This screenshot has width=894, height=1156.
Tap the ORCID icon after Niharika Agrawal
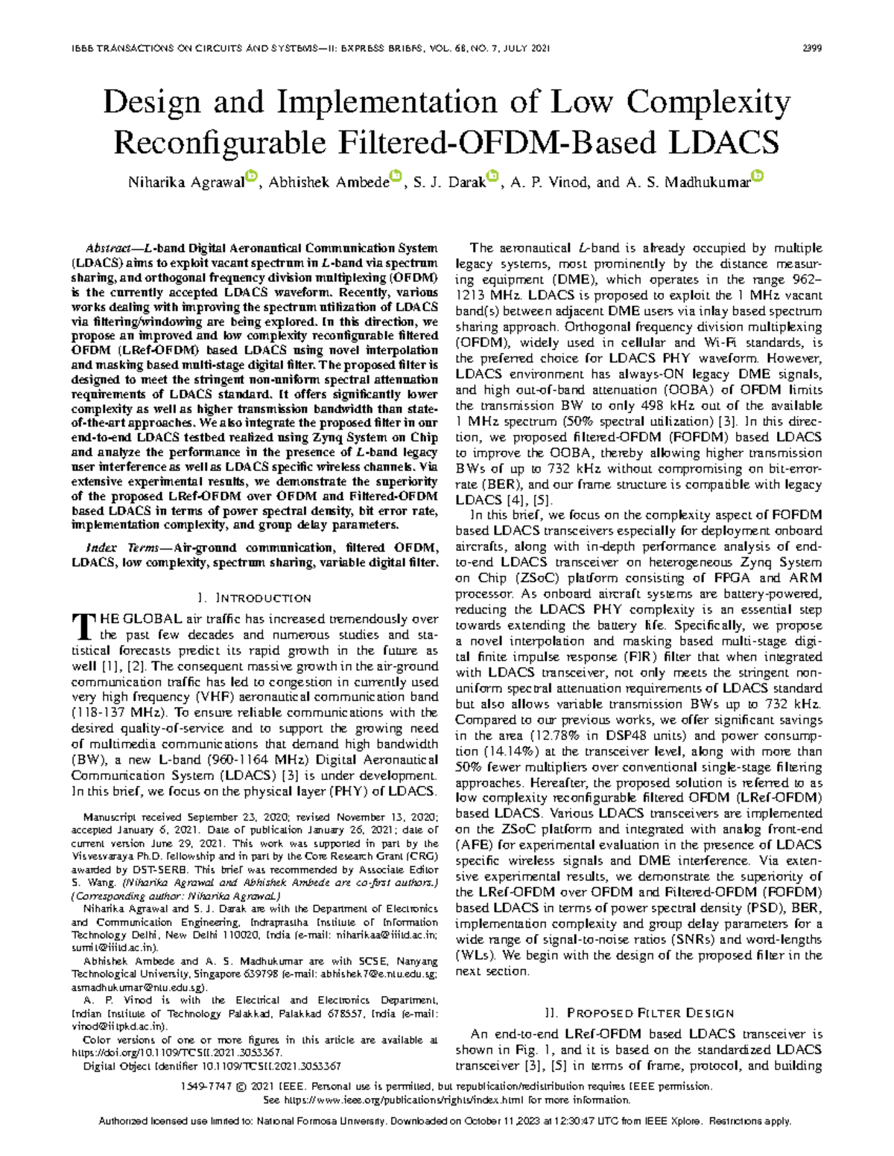[251, 176]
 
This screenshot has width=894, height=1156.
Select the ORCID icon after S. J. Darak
[492, 176]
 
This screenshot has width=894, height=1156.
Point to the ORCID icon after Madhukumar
[758, 176]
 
